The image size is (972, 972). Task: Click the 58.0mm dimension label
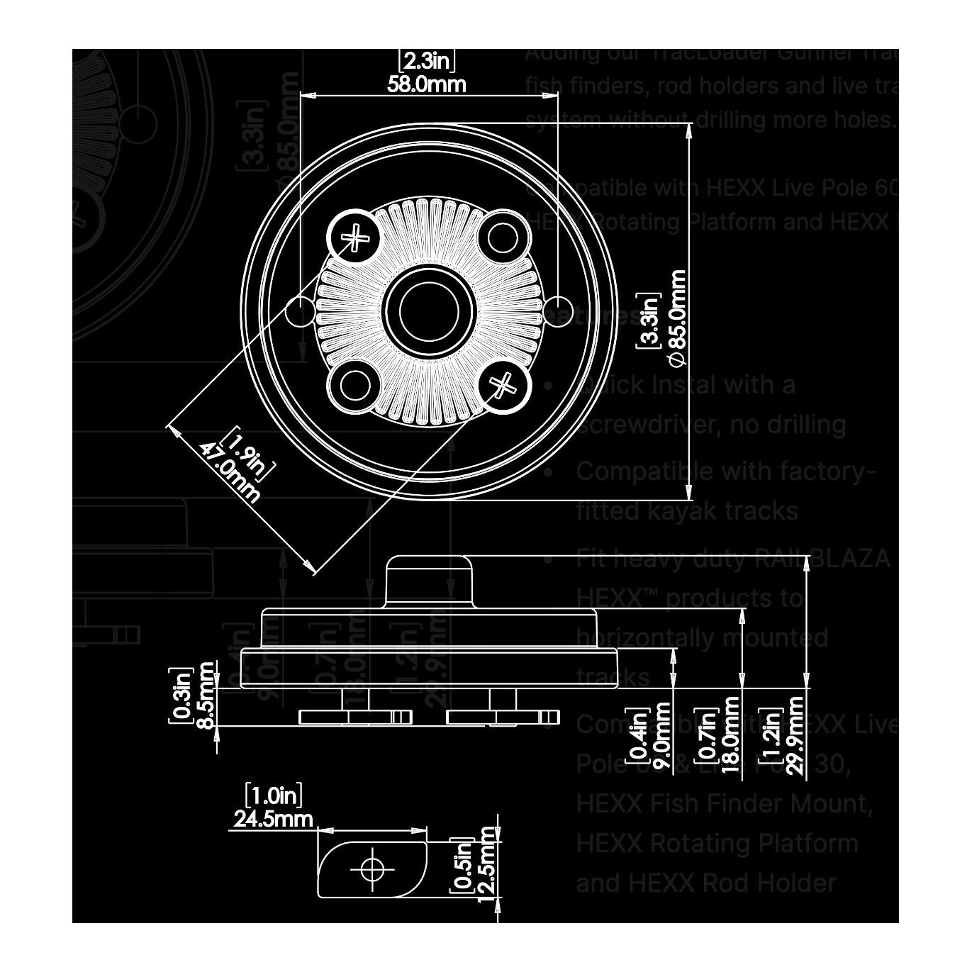[x=426, y=84]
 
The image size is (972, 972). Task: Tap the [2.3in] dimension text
[x=426, y=60]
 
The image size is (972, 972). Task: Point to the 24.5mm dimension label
[x=273, y=819]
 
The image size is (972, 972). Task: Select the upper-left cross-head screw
[x=353, y=235]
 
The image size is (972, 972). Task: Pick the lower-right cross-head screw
[x=503, y=386]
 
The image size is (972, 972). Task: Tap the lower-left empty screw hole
[x=353, y=386]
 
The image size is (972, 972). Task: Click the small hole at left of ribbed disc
[x=301, y=309]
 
